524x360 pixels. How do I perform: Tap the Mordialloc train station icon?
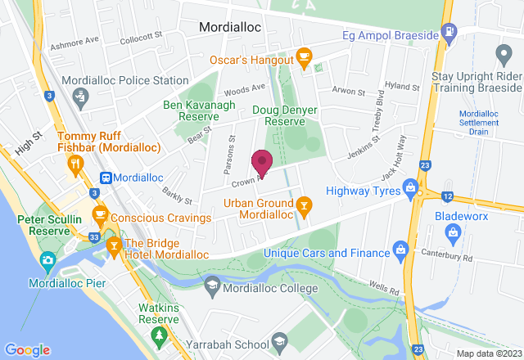[x=106, y=178]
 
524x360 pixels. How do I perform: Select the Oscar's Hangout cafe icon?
[x=305, y=59]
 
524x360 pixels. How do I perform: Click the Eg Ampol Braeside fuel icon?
[x=448, y=32]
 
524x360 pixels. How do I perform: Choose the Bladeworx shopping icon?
[x=453, y=234]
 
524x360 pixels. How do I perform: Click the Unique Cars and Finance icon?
[x=400, y=248]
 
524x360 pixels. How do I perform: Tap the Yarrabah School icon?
[x=278, y=341]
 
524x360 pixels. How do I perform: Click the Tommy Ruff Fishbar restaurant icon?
[x=76, y=162]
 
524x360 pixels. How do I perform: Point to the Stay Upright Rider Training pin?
[x=504, y=53]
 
